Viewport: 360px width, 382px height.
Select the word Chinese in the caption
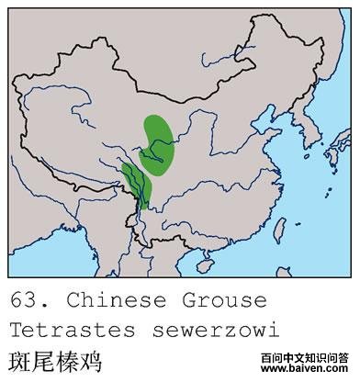point(106,300)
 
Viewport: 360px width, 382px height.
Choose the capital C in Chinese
point(73,300)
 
